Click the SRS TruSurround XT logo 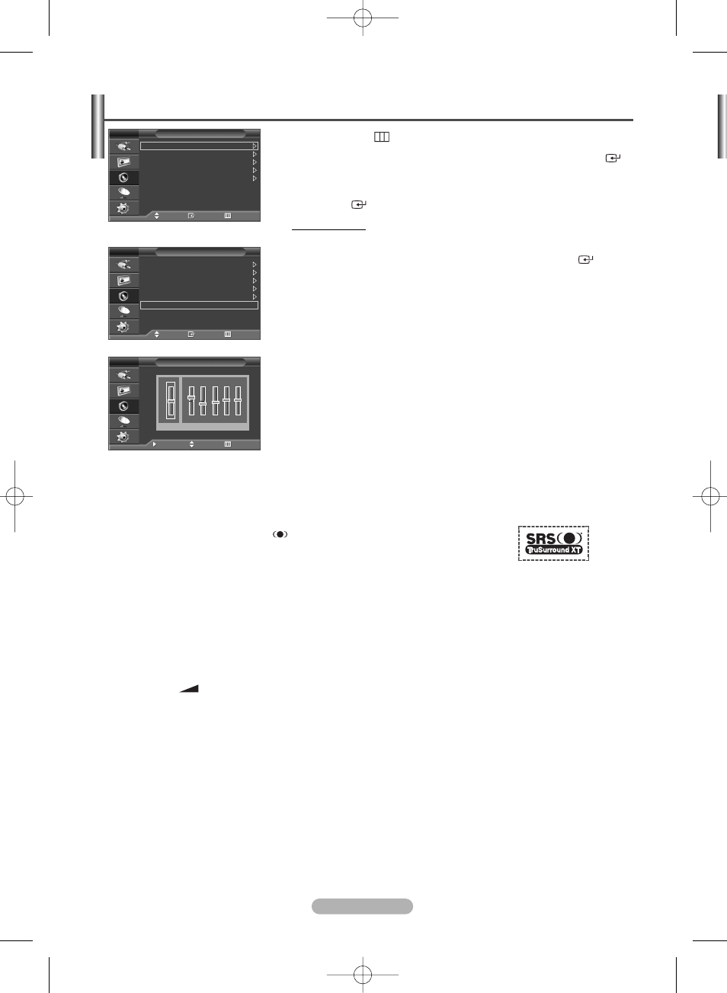point(553,543)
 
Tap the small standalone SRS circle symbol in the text point(280,534)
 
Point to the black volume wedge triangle point(190,688)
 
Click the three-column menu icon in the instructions point(382,137)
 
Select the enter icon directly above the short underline point(358,204)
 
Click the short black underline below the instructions point(328,229)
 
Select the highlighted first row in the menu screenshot point(199,146)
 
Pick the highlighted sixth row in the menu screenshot point(199,305)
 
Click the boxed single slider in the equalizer point(171,400)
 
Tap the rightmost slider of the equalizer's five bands point(238,400)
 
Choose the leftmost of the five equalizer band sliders point(191,400)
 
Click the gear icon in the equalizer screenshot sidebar point(123,437)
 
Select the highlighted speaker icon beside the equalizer point(123,406)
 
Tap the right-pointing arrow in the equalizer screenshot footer point(154,444)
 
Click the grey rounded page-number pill point(362,906)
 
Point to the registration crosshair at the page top point(363,18)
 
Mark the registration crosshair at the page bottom point(363,974)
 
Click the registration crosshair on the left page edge point(14,497)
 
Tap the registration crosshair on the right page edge point(710,497)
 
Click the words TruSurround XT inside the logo point(554,549)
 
